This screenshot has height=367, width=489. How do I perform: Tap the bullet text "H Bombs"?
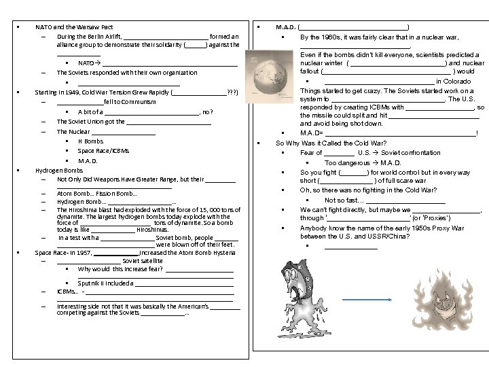pos(90,141)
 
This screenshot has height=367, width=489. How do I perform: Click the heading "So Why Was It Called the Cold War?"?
pos(331,143)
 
